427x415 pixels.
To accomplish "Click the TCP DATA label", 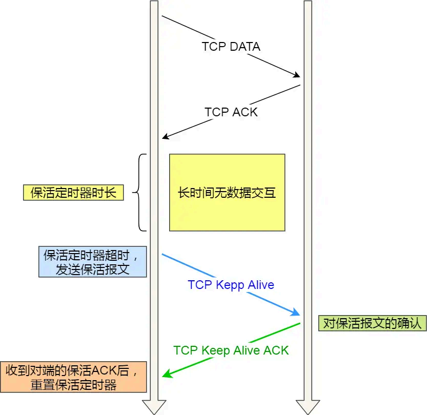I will coord(231,47).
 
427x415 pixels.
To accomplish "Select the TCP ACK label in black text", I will coord(231,112).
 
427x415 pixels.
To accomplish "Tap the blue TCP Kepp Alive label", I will coord(231,285).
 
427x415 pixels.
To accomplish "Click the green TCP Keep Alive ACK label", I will coord(231,350).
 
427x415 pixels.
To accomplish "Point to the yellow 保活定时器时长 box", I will coord(73,193).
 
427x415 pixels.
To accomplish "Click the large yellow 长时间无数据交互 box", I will coord(227,193).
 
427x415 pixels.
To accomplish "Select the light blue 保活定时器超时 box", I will coord(92,262).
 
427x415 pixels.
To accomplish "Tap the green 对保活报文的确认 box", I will coord(372,323).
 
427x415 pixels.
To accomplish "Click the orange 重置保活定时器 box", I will coord(74,377).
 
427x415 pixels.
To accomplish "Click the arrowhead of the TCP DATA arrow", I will coord(296,75).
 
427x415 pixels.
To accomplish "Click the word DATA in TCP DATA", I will coord(245,47).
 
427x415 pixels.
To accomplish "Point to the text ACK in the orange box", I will coord(104,370).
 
